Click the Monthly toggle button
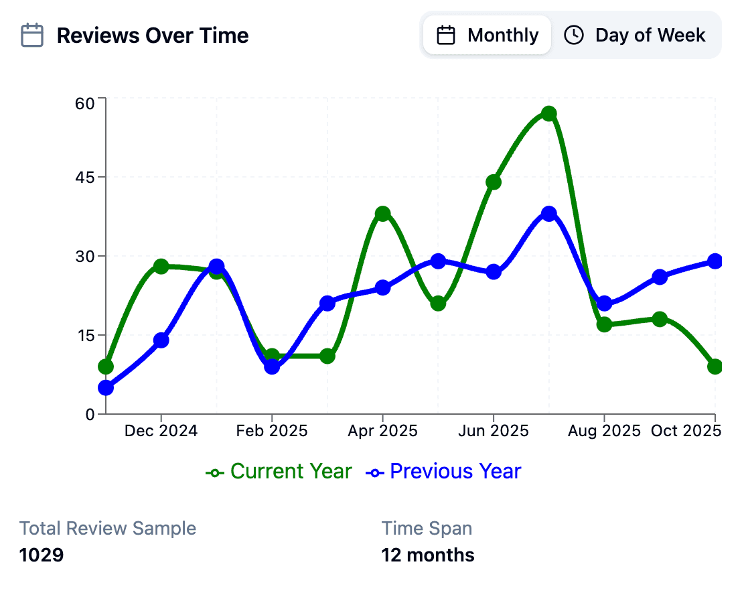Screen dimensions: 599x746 tap(487, 35)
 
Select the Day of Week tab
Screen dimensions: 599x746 tap(635, 35)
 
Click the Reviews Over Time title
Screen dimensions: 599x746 tap(153, 36)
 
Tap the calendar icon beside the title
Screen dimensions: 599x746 tap(32, 36)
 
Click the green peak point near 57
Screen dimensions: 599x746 tap(549, 113)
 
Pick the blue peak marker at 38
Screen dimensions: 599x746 tap(549, 214)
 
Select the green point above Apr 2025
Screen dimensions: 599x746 tap(382, 214)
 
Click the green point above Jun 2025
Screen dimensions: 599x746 tap(494, 182)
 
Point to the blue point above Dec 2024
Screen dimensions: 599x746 tap(161, 340)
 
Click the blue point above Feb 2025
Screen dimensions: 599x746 tap(271, 367)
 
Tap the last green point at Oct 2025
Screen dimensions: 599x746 tap(715, 367)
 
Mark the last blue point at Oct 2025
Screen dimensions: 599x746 tap(715, 261)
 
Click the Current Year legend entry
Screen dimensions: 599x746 tap(279, 472)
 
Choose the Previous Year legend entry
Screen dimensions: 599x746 tap(444, 472)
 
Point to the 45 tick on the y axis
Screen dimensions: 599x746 tap(86, 178)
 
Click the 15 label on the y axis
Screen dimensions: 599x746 tap(86, 336)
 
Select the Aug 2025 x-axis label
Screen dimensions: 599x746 tap(604, 431)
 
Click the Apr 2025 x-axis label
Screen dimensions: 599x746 tap(382, 431)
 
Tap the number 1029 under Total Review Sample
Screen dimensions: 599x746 tap(42, 555)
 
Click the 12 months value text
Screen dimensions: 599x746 tap(428, 555)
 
